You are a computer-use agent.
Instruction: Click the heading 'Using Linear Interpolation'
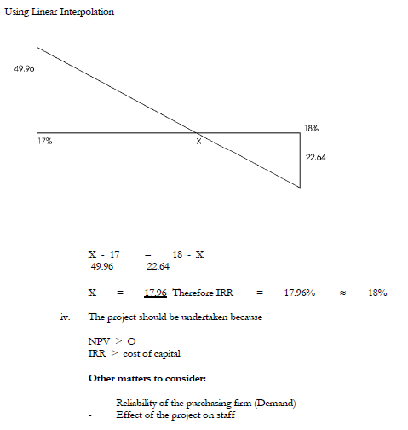[60, 12]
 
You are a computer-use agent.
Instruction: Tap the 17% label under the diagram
[45, 141]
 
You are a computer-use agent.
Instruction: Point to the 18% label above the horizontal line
[311, 127]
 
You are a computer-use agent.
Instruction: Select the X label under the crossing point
[198, 142]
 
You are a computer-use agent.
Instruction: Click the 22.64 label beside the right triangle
[317, 158]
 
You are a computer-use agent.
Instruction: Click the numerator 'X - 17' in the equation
[104, 254]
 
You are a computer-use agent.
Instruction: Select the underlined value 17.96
[154, 293]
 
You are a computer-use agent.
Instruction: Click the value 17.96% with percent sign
[300, 293]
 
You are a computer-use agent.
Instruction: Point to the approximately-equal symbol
[342, 293]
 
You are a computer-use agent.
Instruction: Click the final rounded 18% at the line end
[377, 293]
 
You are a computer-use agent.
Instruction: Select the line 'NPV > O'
[112, 340]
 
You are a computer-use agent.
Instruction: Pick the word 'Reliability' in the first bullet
[136, 402]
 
